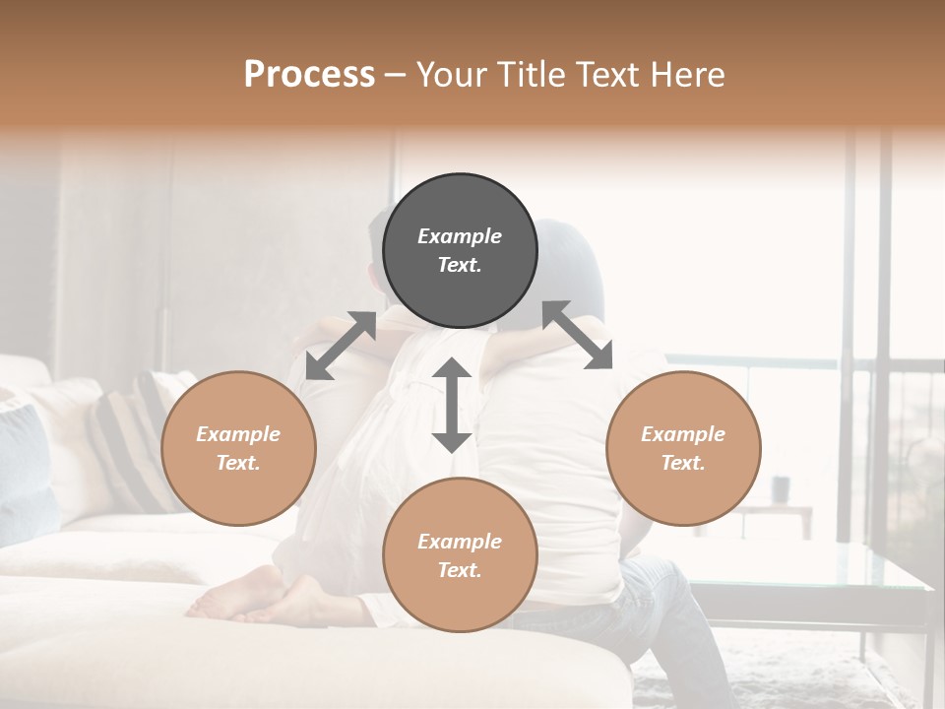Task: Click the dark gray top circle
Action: (460, 250)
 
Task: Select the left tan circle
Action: (238, 448)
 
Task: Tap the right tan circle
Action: (683, 448)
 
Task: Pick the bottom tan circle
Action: (460, 555)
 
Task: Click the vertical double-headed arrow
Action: (452, 405)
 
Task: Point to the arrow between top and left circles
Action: (341, 345)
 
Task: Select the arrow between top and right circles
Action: (577, 335)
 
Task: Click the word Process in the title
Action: (309, 74)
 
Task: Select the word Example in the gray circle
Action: (460, 236)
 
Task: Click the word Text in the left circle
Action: (238, 463)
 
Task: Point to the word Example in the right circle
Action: (683, 434)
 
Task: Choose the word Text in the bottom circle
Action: (460, 570)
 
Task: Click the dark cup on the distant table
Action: (782, 487)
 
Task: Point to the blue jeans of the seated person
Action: (669, 611)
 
